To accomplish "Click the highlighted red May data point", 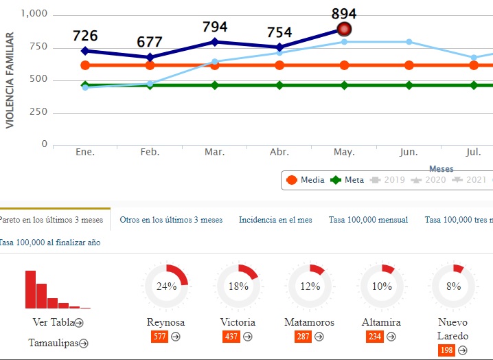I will pos(344,30).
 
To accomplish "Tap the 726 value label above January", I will pos(85,35).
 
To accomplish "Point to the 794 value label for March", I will pos(215,27).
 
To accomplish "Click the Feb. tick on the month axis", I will pos(150,152).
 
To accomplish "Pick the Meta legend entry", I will pos(347,180).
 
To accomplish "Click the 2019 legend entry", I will pos(388,180).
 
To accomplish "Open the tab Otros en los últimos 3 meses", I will pos(171,220).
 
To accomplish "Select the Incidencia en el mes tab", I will pos(275,220).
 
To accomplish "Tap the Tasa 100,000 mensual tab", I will pos(368,220).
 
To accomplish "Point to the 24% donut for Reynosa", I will pos(166,286).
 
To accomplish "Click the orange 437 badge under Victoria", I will pos(231,337).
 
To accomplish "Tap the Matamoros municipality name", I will pos(309,322).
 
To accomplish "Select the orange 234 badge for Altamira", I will pos(375,337).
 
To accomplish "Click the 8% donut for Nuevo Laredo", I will pos(453,286).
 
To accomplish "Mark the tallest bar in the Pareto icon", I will pos(30,289).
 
